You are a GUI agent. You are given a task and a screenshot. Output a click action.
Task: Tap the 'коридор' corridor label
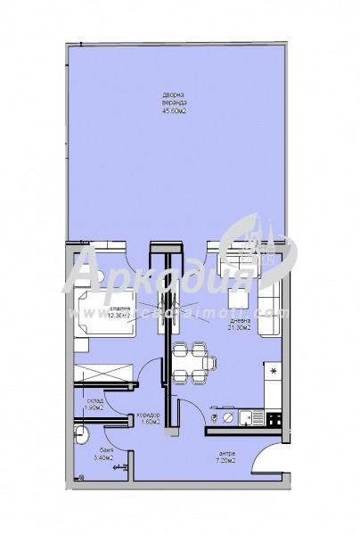[x=147, y=414]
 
